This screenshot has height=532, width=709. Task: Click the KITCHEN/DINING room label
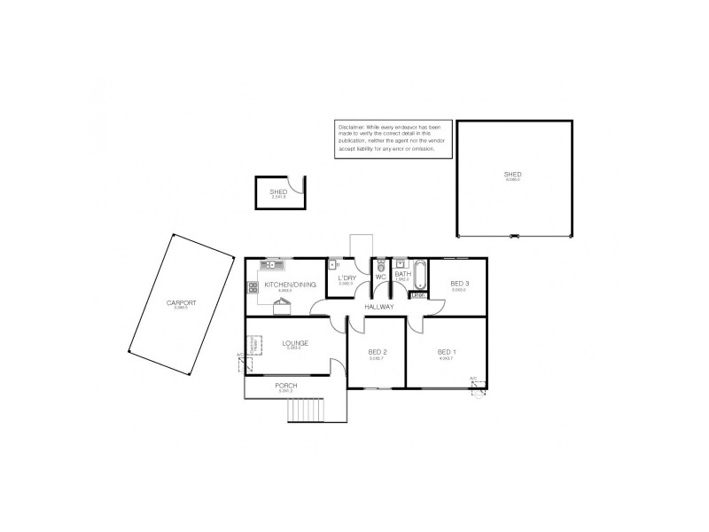[284, 285]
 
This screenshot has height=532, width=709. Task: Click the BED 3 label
[459, 284]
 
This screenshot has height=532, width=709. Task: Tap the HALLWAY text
[378, 307]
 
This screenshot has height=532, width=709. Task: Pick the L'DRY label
[346, 278]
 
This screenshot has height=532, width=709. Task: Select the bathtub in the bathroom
[420, 276]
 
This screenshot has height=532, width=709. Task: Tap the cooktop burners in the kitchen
[253, 286]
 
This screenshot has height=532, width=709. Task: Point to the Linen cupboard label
[418, 295]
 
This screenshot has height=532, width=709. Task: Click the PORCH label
[285, 387]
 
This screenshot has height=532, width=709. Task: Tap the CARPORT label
[180, 302]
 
